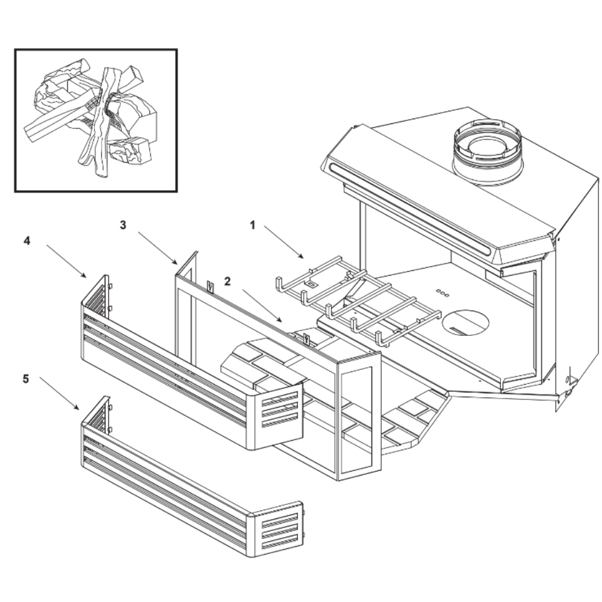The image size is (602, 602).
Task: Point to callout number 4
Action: (x=26, y=240)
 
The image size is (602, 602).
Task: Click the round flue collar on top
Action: (x=488, y=150)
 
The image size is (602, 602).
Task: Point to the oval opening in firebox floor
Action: (x=465, y=322)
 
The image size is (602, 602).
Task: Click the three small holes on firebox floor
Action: (x=442, y=292)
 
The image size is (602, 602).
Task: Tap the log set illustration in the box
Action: (x=96, y=120)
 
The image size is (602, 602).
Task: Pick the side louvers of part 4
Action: (x=280, y=409)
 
